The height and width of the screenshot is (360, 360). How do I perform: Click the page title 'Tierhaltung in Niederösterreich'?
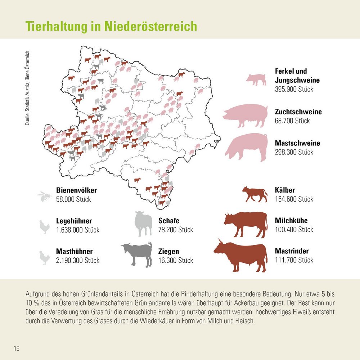[x=111, y=27]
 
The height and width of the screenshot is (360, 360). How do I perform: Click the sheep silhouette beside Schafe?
[x=143, y=224]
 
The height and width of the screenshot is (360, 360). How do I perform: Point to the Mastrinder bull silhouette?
[x=240, y=255]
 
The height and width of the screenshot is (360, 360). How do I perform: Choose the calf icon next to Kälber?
[x=255, y=194]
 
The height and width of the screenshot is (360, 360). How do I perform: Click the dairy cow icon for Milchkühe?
[x=246, y=224]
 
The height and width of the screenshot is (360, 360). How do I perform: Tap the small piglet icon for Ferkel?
[x=256, y=79]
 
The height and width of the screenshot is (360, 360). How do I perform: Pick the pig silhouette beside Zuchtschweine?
[x=245, y=116]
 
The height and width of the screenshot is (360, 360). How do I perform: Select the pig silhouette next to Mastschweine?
[x=247, y=147]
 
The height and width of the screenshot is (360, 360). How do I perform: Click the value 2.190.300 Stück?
[x=77, y=260]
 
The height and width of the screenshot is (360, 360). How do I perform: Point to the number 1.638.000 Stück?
[x=77, y=230]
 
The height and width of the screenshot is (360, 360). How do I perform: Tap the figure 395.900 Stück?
[x=294, y=89]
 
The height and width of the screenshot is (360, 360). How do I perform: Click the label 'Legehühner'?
[x=74, y=221]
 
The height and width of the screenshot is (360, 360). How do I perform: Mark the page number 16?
[x=17, y=348]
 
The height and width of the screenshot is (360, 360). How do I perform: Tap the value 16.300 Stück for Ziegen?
[x=175, y=260]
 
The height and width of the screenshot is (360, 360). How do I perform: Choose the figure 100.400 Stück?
[x=294, y=230]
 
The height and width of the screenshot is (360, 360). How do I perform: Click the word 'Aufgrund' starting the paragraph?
[x=38, y=294]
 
